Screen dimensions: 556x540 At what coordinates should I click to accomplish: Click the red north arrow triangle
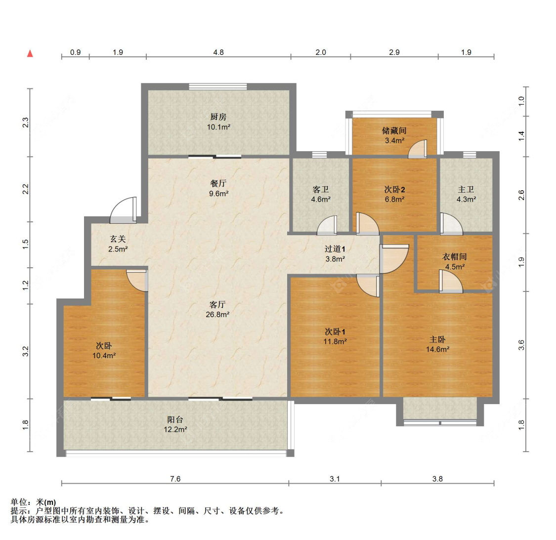[x=30, y=53]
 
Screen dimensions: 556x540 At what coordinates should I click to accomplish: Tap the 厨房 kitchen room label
[x=218, y=117]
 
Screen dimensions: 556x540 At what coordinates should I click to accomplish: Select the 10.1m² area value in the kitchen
[x=218, y=127]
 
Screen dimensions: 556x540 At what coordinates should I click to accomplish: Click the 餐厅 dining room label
[x=218, y=183]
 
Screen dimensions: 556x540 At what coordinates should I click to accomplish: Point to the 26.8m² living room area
[x=217, y=315]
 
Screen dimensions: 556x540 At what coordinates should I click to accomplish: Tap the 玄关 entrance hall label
[x=118, y=239]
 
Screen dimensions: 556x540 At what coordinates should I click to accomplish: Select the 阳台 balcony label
[x=175, y=420]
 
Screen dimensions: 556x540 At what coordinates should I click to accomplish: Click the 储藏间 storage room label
[x=394, y=131]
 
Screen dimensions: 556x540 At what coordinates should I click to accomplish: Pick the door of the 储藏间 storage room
[x=418, y=149]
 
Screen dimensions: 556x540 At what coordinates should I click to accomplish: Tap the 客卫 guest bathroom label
[x=321, y=190]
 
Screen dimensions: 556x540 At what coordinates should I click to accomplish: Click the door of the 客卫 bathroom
[x=327, y=225]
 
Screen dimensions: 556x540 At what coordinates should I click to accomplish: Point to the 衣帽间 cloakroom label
[x=455, y=257]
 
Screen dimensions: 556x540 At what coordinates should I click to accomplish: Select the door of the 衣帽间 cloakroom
[x=451, y=282]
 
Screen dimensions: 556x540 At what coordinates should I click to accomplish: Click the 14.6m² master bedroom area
[x=437, y=350]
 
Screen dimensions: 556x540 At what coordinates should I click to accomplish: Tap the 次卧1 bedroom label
[x=335, y=332]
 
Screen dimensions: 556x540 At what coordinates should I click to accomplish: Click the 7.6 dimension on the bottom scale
[x=175, y=479]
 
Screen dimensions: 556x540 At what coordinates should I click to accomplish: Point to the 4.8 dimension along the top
[x=218, y=52]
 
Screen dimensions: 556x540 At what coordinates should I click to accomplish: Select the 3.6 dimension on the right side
[x=521, y=345]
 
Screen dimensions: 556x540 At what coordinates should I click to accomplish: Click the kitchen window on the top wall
[x=218, y=86]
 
